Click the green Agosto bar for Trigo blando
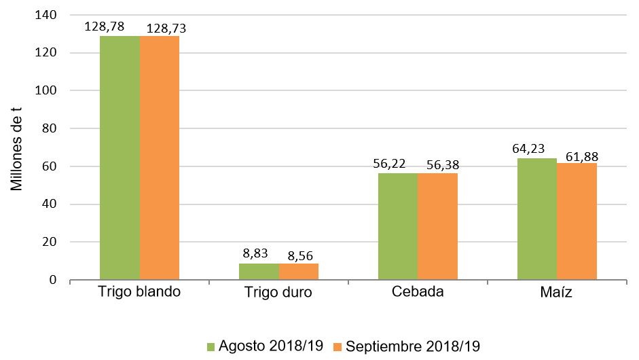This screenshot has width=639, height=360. pyautogui.click(x=120, y=158)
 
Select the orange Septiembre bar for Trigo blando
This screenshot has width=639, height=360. pyautogui.click(x=160, y=158)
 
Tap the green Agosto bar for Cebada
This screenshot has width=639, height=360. pyautogui.click(x=398, y=226)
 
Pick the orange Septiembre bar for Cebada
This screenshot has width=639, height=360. pyautogui.click(x=438, y=226)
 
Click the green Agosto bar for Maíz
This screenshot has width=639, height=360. pyautogui.click(x=537, y=219)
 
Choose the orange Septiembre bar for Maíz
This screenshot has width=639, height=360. pyautogui.click(x=577, y=221)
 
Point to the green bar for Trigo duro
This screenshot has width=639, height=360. pyautogui.click(x=259, y=272)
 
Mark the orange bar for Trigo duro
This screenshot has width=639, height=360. pyautogui.click(x=299, y=272)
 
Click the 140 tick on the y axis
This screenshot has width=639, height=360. pyautogui.click(x=50, y=14)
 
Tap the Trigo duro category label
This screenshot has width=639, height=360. pyautogui.click(x=278, y=293)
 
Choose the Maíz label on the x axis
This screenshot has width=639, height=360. pyautogui.click(x=557, y=293)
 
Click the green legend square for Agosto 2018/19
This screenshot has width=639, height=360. pyautogui.click(x=211, y=346)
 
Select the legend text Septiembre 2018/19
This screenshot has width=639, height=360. pyautogui.click(x=412, y=346)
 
